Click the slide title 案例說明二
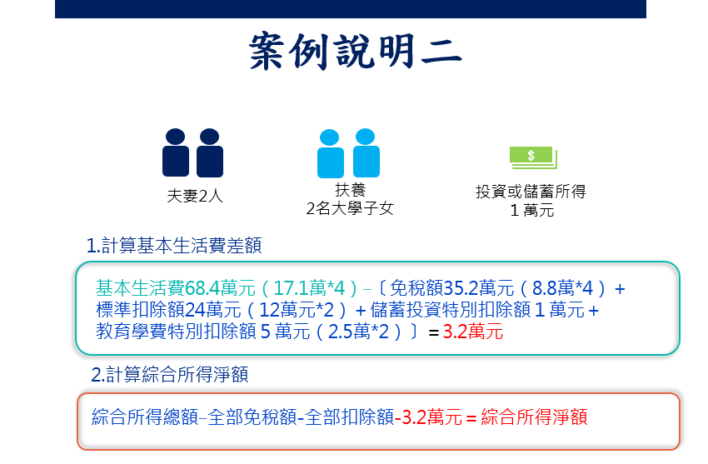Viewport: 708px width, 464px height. coord(356,51)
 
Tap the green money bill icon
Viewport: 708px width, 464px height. coord(533,157)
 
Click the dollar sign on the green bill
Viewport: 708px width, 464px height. coord(531,155)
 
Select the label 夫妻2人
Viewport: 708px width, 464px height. coord(195,196)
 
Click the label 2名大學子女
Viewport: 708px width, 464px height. coord(350,208)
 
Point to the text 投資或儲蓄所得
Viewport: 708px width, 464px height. coord(531,192)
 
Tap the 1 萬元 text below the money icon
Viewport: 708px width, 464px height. coord(532,210)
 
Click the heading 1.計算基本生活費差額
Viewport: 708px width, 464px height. coord(174,246)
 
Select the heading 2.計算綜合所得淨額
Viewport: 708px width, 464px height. coord(170,375)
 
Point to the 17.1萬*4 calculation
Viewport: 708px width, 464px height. coord(309,288)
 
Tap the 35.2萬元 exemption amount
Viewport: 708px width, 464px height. coord(478,288)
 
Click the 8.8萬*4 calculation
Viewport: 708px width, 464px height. coord(562,288)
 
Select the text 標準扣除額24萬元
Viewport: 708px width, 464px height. coord(168,310)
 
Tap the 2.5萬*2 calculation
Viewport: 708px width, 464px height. coord(358,332)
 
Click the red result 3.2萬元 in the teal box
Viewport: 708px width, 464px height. coord(473,332)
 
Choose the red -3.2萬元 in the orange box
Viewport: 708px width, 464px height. coord(428,417)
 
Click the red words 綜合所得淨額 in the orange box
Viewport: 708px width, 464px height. coord(534,417)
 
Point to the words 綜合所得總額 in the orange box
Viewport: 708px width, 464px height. coord(145,417)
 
